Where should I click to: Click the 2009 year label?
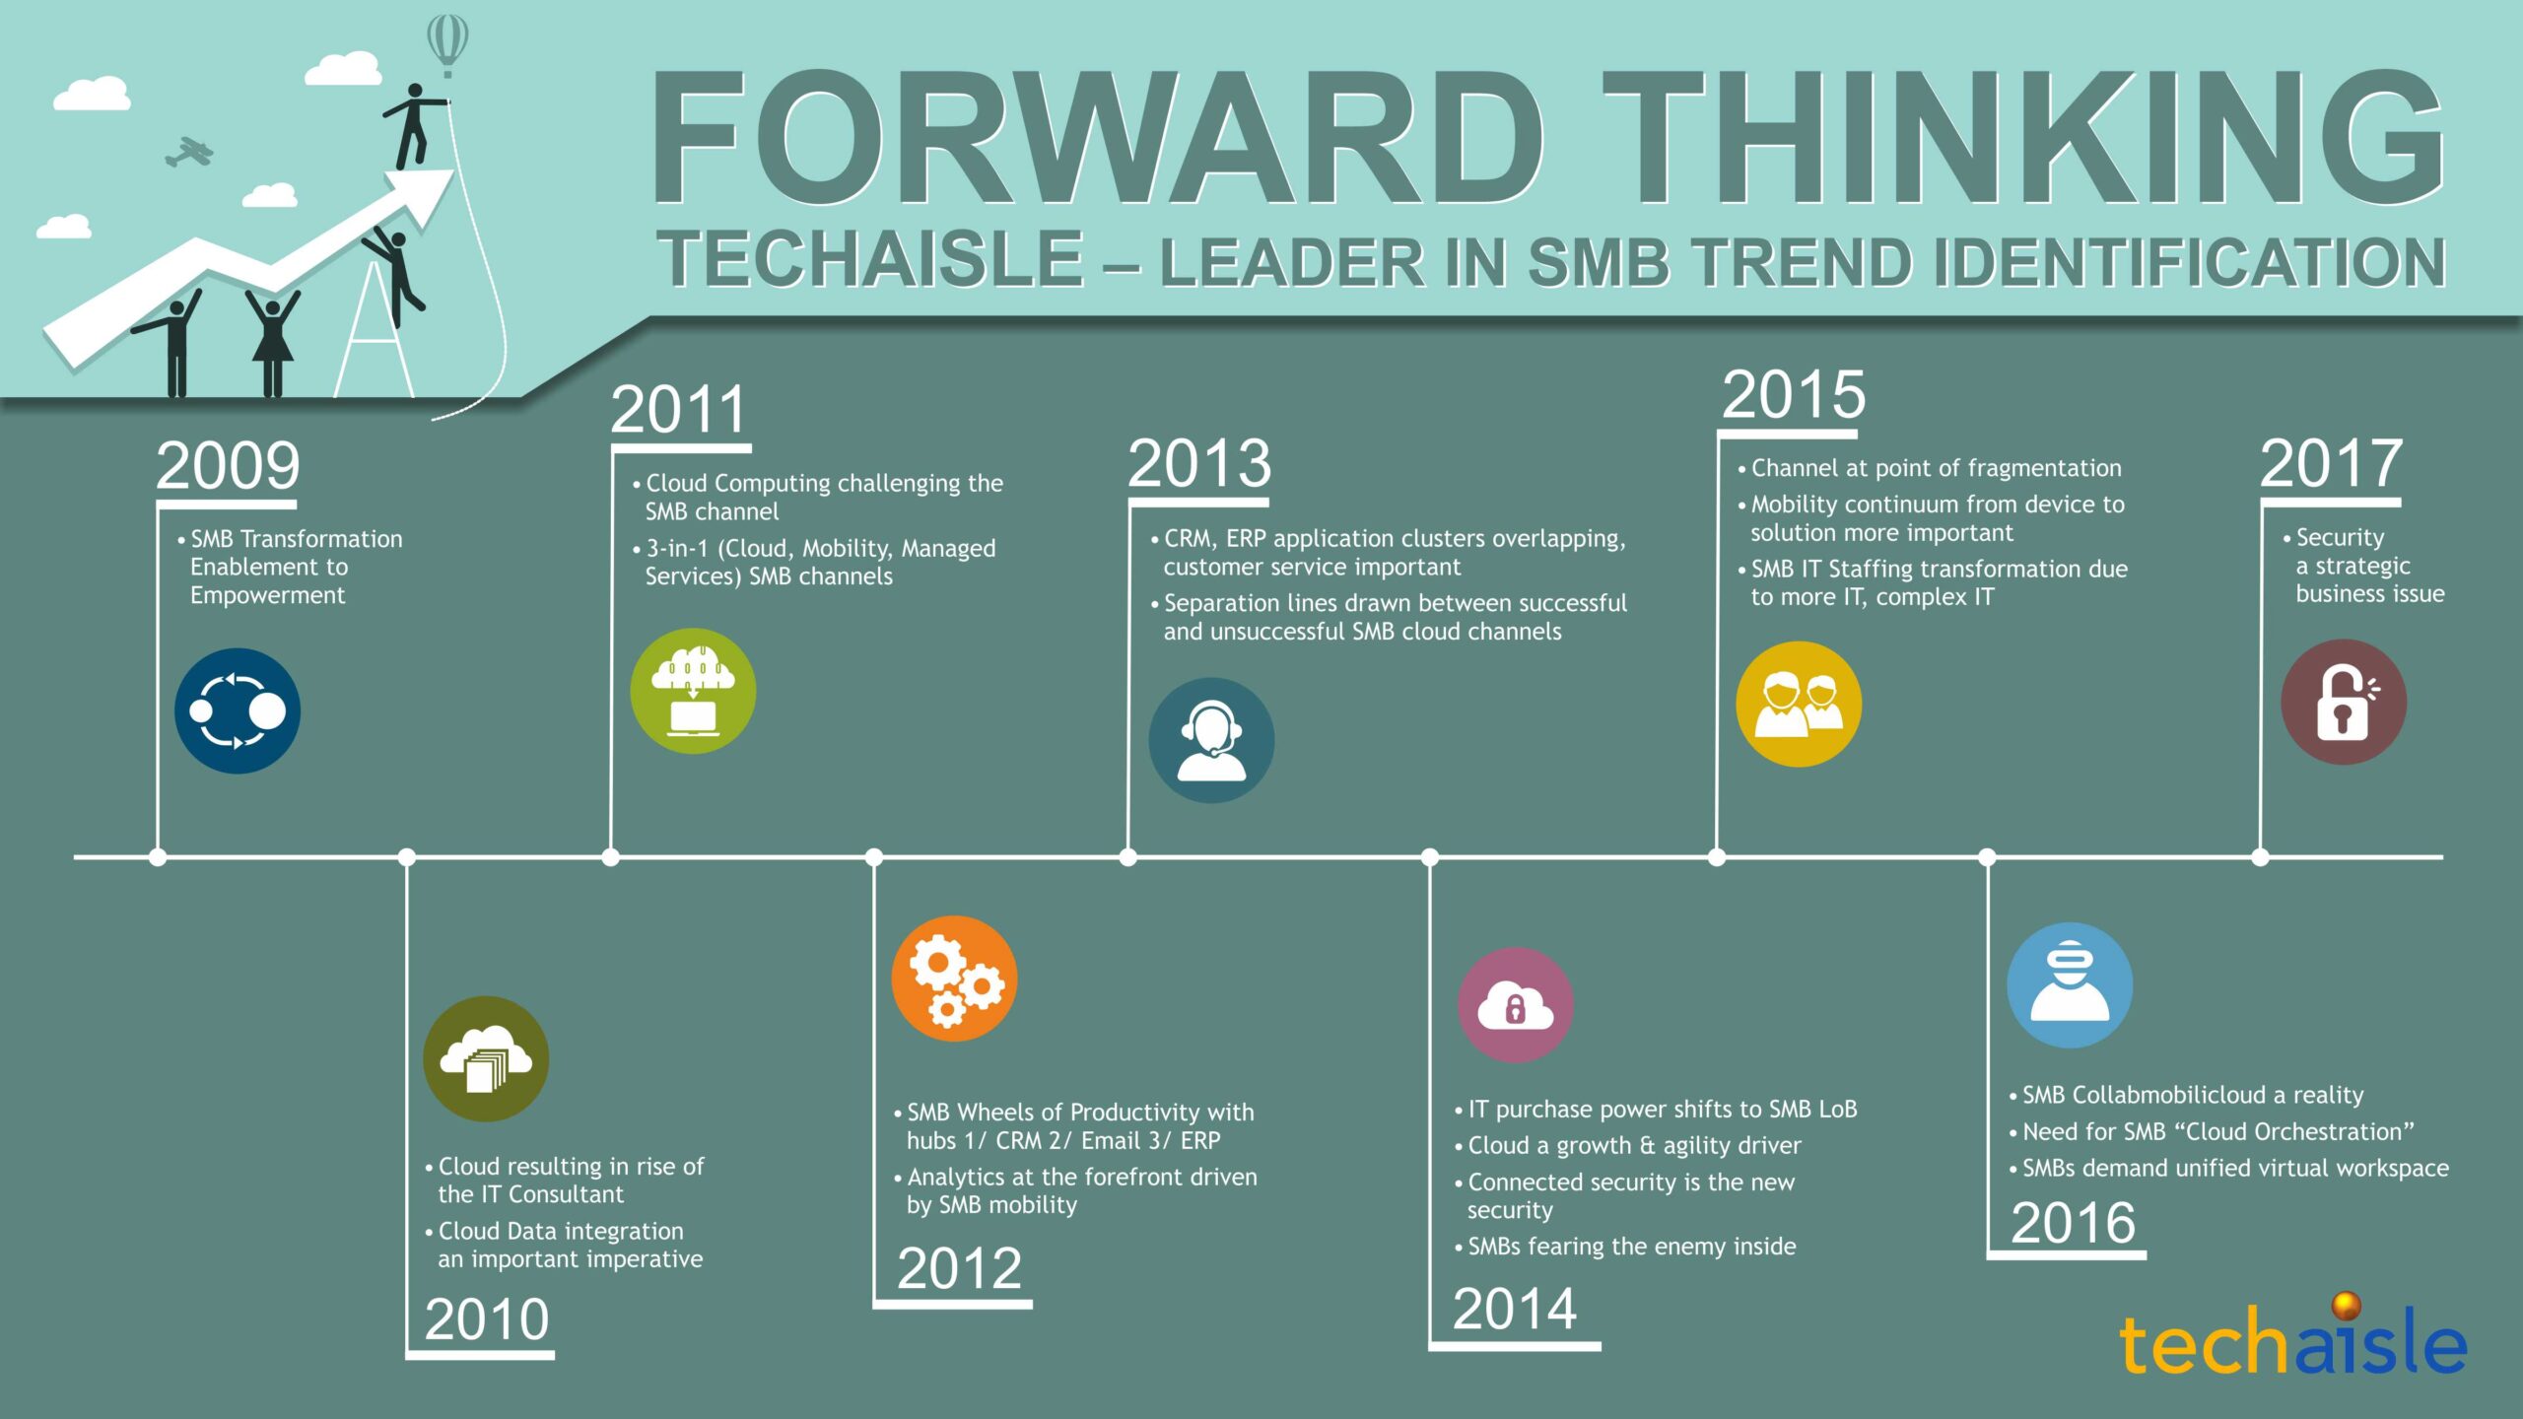228,465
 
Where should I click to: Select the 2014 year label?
1515,1309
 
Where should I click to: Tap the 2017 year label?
2331,463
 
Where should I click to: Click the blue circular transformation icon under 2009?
238,710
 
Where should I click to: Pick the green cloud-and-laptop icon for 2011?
693,691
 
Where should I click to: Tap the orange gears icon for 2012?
954,979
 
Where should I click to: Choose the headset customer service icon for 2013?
1211,740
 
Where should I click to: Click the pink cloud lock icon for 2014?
1515,1005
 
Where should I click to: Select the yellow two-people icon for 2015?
1799,704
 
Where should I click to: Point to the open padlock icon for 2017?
2344,702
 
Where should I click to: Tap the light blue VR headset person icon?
2070,984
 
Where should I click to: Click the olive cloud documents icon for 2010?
486,1058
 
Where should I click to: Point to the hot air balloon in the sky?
446,44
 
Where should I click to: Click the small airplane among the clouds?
188,152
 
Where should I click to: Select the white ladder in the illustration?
374,330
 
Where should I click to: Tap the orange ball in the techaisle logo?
2347,1306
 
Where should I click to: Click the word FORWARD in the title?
1096,138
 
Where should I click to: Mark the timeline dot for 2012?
873,857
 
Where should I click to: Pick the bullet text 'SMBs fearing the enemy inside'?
1632,1247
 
